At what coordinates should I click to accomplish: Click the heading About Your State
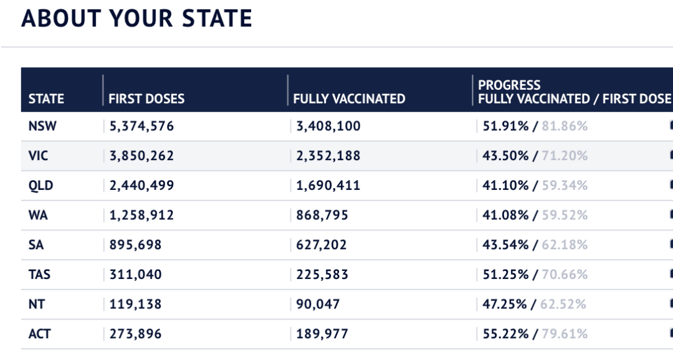[136, 19]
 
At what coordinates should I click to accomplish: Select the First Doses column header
[146, 99]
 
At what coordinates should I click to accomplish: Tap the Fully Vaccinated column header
[349, 99]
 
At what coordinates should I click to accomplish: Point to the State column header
[46, 99]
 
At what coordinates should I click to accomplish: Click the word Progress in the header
[509, 85]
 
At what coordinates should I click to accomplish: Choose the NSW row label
[42, 126]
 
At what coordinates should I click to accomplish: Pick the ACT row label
[40, 334]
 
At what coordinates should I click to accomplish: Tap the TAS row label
[39, 275]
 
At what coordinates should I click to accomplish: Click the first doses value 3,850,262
[141, 156]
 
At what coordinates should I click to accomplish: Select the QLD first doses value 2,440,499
[141, 186]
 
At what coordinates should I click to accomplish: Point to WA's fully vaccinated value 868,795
[322, 216]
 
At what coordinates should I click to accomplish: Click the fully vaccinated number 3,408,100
[328, 126]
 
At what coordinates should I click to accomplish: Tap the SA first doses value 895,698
[135, 245]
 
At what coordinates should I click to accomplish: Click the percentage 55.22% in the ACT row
[505, 334]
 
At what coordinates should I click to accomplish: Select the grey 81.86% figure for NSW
[565, 126]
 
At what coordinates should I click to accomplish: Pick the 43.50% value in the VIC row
[505, 156]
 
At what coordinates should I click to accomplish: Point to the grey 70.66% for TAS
[565, 275]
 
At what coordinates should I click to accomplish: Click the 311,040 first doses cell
[135, 275]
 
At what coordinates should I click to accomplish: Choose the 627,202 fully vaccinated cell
[322, 245]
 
